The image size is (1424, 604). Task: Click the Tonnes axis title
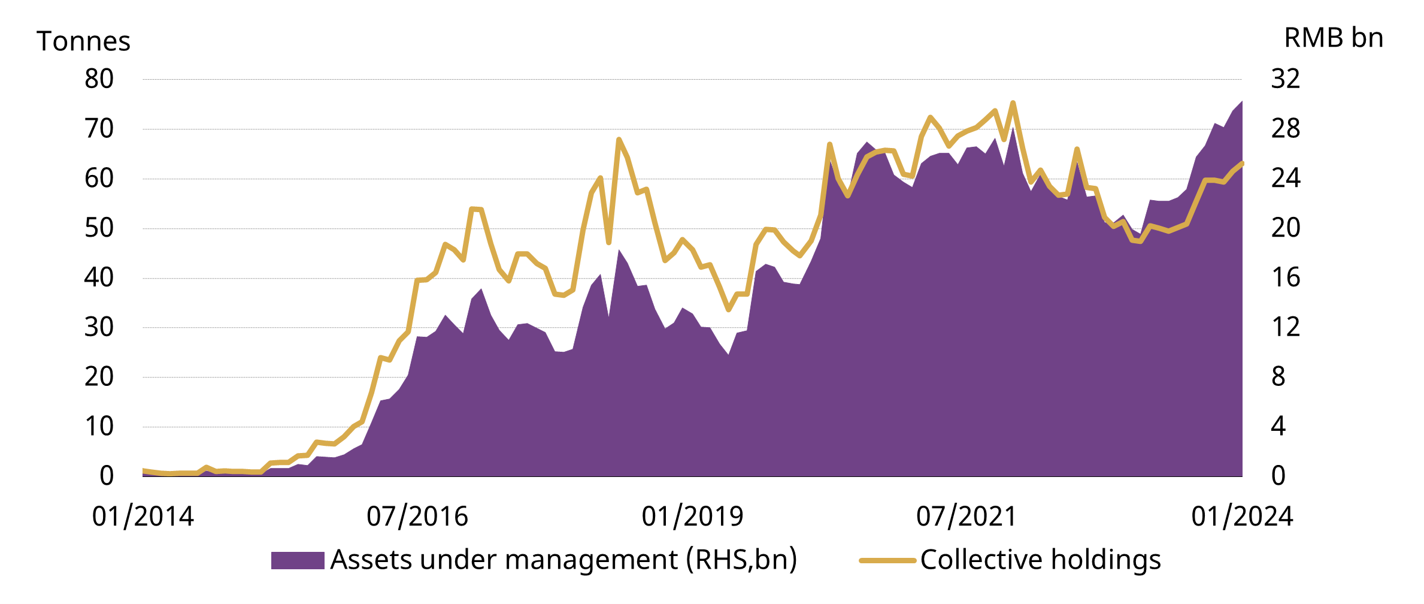(x=83, y=41)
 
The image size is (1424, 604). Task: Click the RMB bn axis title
(x=1334, y=38)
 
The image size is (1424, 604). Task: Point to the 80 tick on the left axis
(x=99, y=79)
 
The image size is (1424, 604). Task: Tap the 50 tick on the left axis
(x=99, y=228)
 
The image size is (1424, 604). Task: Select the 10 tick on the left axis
(x=99, y=427)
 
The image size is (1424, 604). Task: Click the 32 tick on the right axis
(x=1286, y=79)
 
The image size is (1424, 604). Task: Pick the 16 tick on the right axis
(x=1286, y=278)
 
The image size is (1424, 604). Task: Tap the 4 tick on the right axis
(x=1278, y=427)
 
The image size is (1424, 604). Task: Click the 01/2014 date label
(x=143, y=517)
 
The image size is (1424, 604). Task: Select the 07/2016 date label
(x=417, y=517)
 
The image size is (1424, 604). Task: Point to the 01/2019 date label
(x=692, y=517)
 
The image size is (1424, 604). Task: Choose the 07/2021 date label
(x=966, y=517)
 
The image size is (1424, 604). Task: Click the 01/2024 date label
(x=1242, y=517)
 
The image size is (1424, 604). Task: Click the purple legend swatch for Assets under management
(x=298, y=560)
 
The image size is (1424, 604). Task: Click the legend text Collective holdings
(x=1040, y=560)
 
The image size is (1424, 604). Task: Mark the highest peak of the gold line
(x=1013, y=103)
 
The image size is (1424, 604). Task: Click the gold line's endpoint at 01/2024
(x=1242, y=163)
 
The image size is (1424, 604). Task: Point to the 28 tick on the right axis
(x=1286, y=129)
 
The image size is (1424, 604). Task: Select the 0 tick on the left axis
(x=107, y=476)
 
